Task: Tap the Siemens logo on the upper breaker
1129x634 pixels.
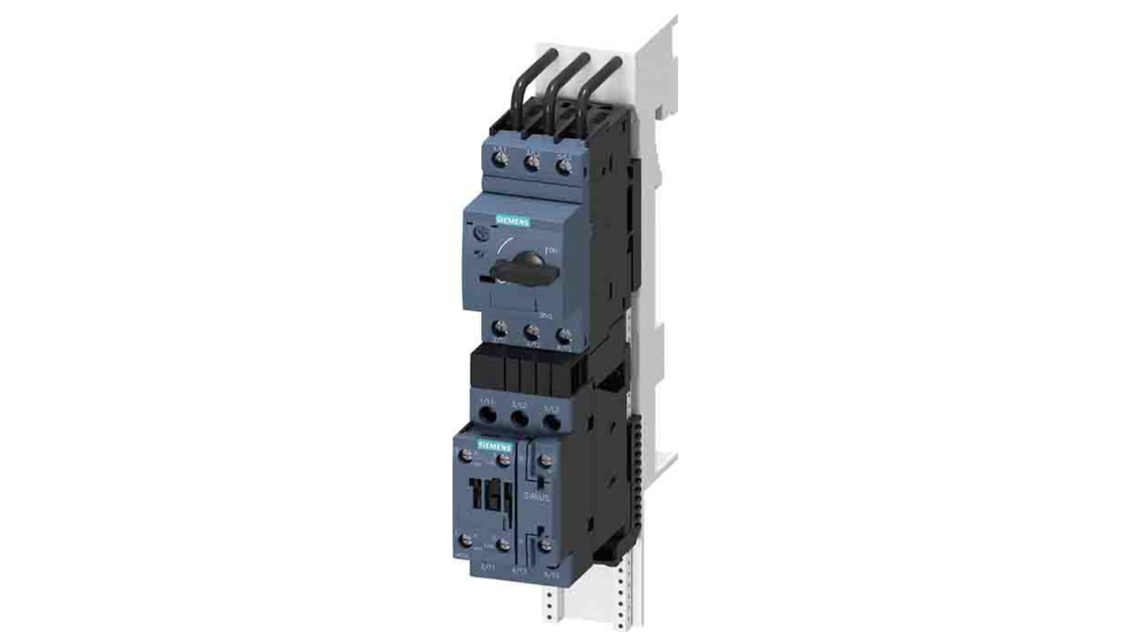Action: click(512, 222)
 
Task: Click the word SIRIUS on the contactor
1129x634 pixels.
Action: click(537, 497)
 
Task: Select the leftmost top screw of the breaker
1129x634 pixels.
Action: click(501, 160)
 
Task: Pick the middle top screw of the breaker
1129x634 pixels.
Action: click(533, 163)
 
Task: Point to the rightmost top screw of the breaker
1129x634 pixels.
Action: click(564, 166)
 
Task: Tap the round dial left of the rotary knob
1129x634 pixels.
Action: click(482, 233)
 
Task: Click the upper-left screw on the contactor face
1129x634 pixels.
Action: click(465, 455)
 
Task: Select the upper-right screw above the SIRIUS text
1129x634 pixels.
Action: click(544, 461)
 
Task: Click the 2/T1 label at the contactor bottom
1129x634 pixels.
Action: click(486, 565)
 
